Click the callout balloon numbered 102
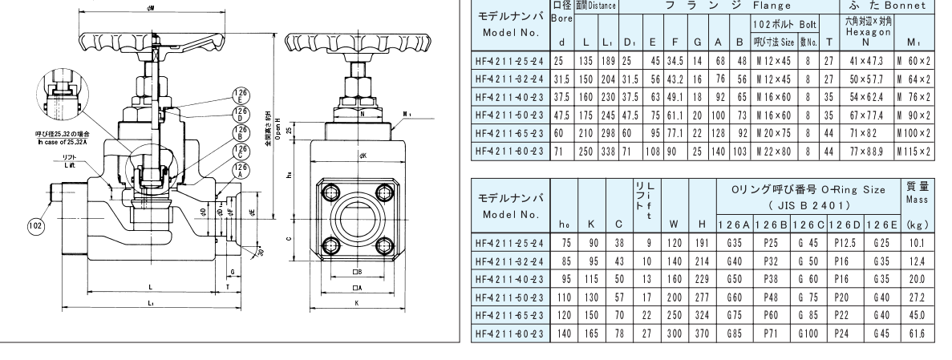coord(34,226)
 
